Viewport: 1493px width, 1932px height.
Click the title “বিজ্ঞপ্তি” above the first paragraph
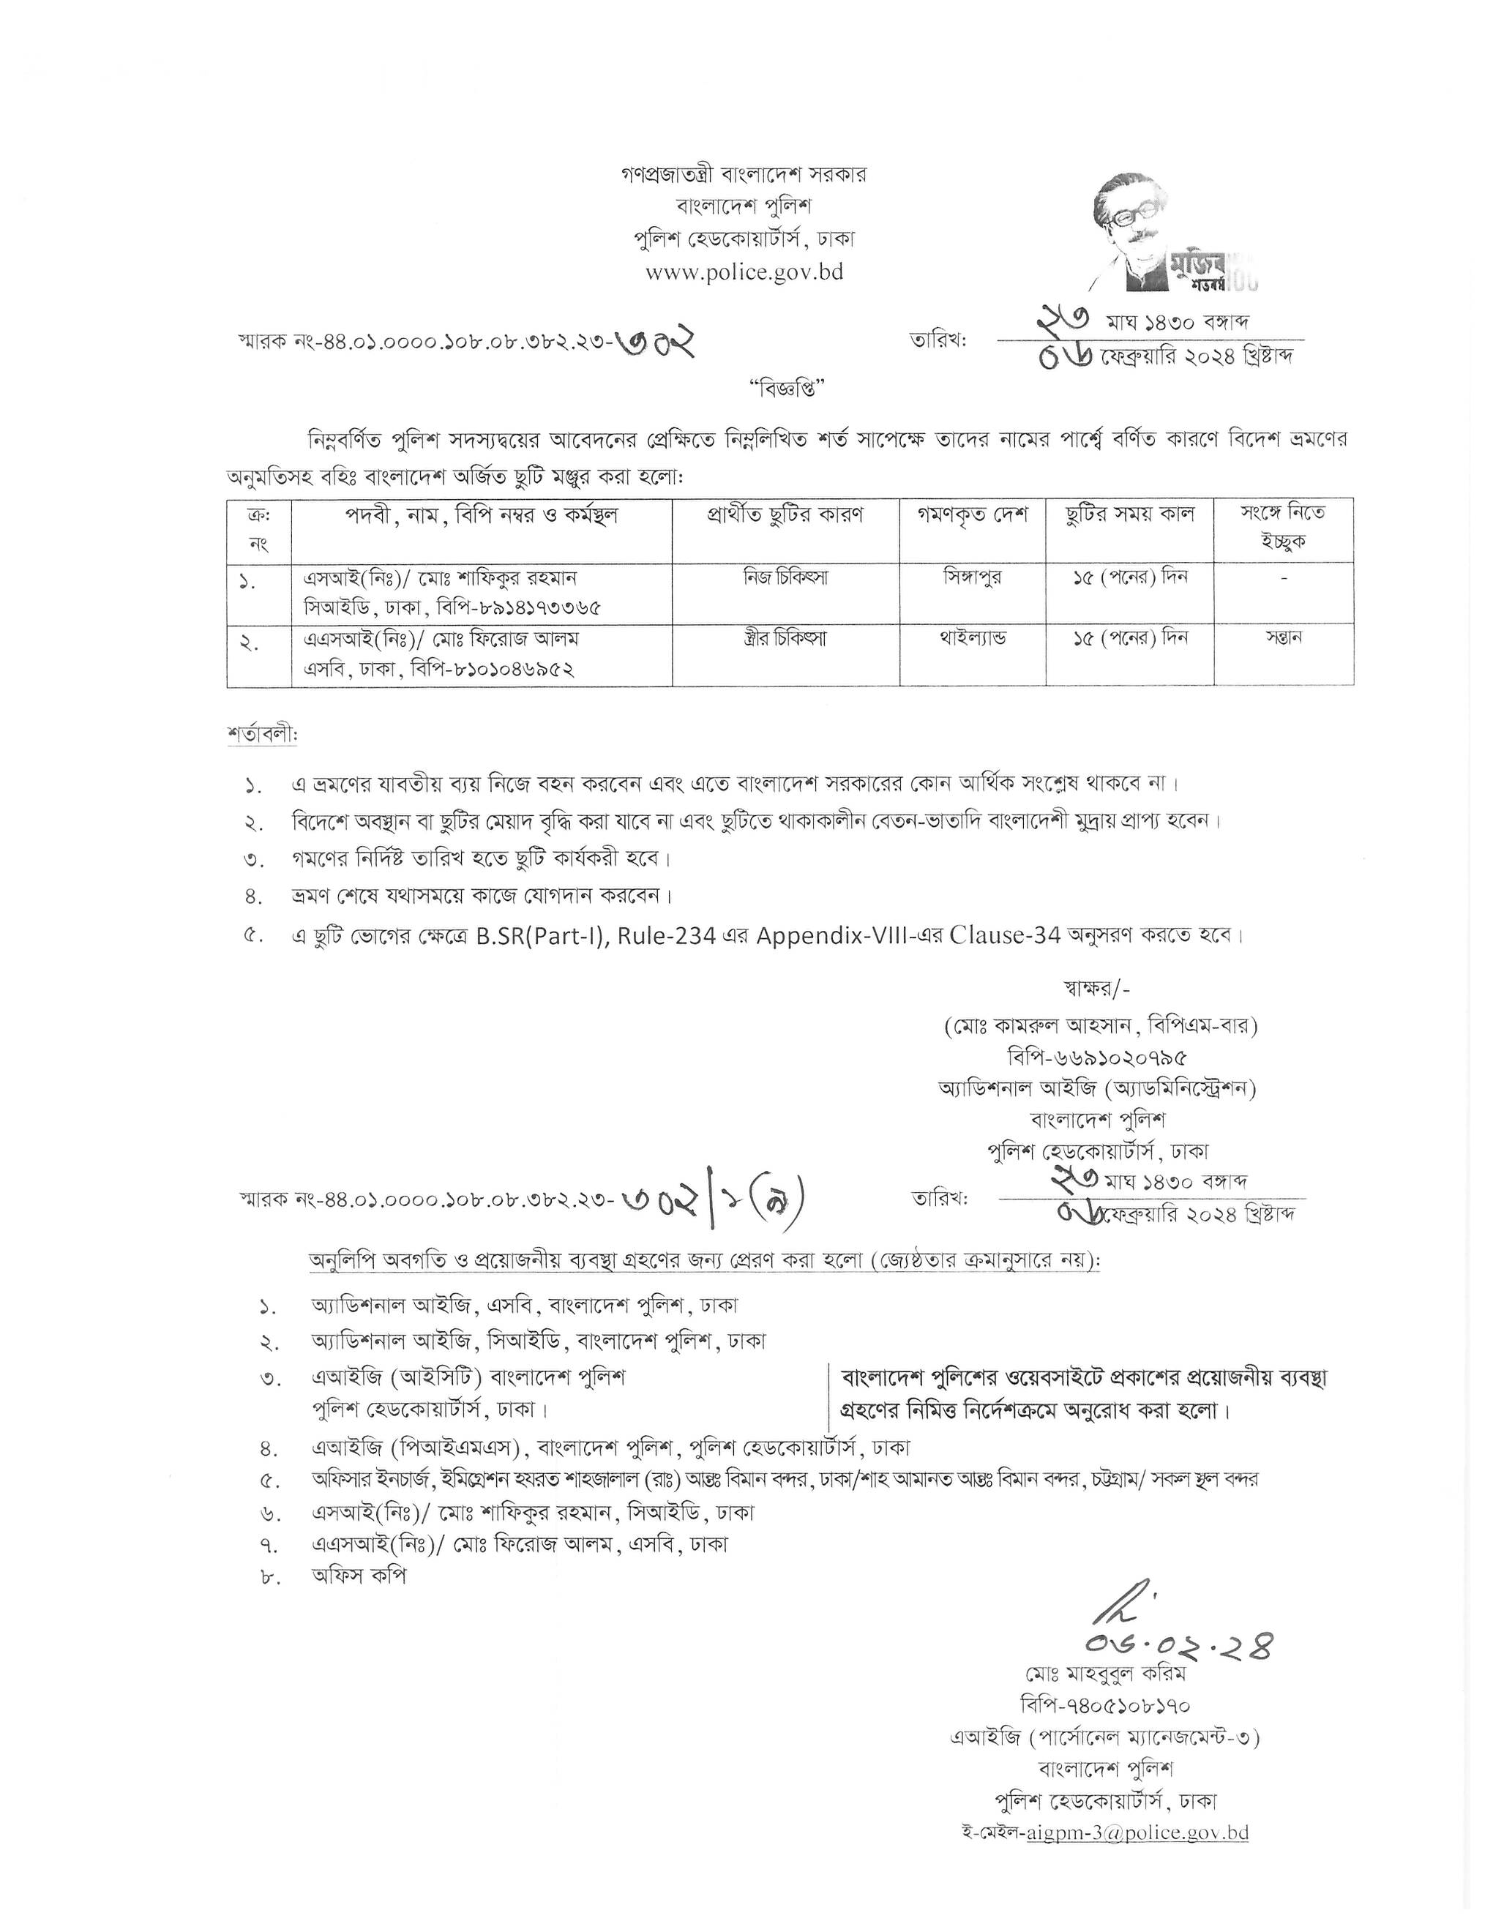coord(786,386)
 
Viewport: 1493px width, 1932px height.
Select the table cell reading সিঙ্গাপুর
coord(972,577)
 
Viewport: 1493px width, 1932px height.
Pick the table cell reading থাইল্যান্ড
coord(972,638)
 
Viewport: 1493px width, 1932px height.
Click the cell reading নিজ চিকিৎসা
coord(785,577)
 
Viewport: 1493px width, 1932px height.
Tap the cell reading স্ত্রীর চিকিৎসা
coord(785,638)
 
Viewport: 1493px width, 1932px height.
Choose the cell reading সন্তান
coord(1284,638)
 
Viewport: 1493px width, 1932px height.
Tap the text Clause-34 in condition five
coord(1004,936)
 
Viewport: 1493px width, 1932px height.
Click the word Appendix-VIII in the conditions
coord(830,936)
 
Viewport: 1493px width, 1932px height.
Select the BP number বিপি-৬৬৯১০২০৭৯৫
coord(1097,1057)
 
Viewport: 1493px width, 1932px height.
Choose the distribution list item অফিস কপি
coord(358,1576)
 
